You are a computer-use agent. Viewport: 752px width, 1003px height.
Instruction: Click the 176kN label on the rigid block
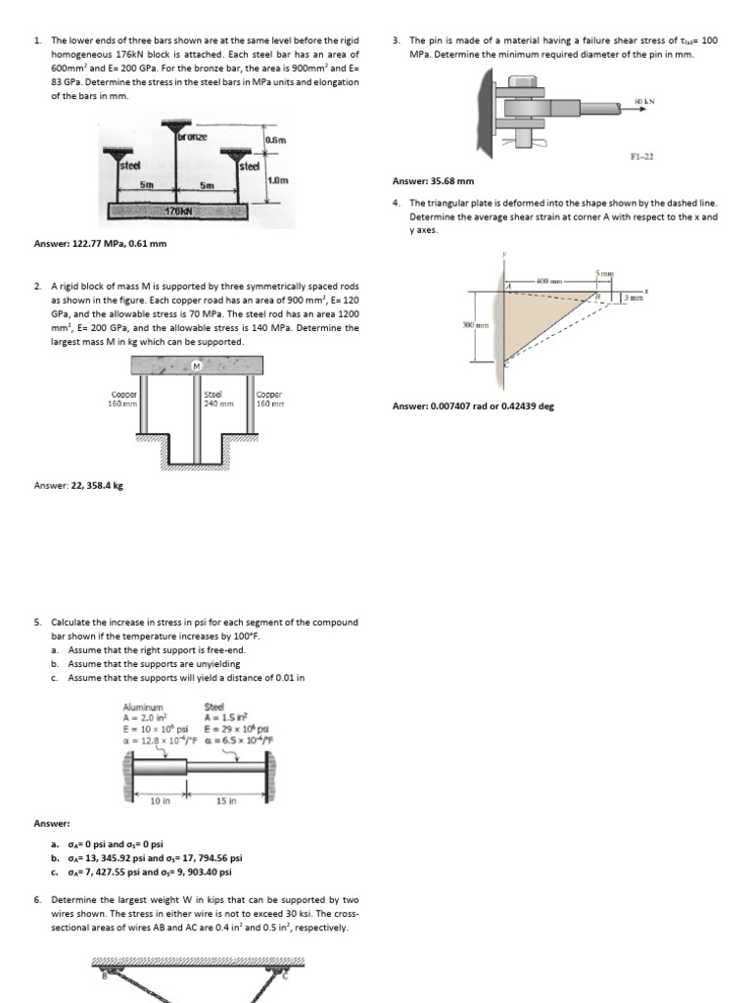177,211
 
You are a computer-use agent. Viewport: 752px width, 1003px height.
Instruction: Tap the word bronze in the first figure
193,137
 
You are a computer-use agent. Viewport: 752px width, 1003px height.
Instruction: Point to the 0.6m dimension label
275,140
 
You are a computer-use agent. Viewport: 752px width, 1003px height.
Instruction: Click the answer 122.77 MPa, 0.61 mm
100,244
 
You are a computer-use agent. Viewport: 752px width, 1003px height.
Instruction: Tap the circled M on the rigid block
196,366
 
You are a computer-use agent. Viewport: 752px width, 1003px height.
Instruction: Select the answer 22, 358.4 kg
78,485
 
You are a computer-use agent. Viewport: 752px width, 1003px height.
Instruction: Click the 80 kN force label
643,101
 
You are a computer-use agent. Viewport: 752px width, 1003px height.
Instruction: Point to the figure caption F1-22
642,157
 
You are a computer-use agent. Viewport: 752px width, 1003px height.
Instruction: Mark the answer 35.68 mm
433,181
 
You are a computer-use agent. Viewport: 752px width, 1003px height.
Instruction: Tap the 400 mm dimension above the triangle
546,281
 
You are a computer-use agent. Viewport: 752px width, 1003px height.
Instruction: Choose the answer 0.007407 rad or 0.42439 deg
473,406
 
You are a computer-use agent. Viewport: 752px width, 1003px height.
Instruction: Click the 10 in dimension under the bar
160,800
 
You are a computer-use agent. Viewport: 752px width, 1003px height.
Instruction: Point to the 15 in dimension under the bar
226,800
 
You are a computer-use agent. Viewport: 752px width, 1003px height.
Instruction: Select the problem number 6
36,899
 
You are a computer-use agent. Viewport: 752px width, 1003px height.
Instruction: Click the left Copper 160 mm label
123,399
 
